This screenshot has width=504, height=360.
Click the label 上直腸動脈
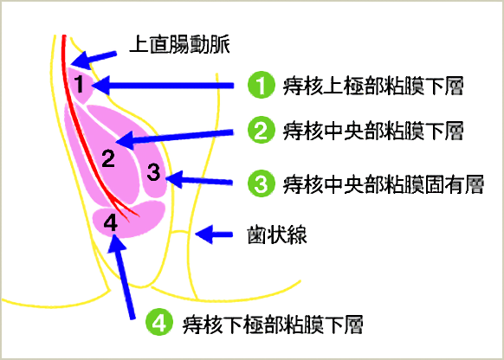[179, 44]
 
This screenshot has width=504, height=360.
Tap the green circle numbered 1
[262, 85]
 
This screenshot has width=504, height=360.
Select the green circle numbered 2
[262, 130]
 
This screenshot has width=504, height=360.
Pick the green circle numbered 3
[262, 183]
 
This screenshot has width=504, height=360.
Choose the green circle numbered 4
[159, 322]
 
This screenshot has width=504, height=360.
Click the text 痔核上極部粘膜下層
[373, 86]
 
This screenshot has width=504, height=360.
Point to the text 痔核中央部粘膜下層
[373, 131]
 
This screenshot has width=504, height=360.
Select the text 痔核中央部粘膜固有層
[383, 184]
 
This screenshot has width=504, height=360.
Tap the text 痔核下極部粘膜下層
[273, 325]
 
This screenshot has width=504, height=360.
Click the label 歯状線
[277, 235]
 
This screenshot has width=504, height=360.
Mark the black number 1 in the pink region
[79, 84]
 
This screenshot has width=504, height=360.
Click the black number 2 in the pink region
[108, 158]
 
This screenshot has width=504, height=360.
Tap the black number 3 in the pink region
[153, 172]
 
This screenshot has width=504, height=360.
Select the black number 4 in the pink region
[110, 222]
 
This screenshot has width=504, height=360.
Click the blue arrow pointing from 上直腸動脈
[94, 60]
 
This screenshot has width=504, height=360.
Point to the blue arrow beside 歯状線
[214, 235]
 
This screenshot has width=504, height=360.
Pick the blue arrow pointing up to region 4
[122, 277]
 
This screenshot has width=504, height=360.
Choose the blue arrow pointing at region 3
[199, 180]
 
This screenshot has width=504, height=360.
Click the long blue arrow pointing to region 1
[163, 86]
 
